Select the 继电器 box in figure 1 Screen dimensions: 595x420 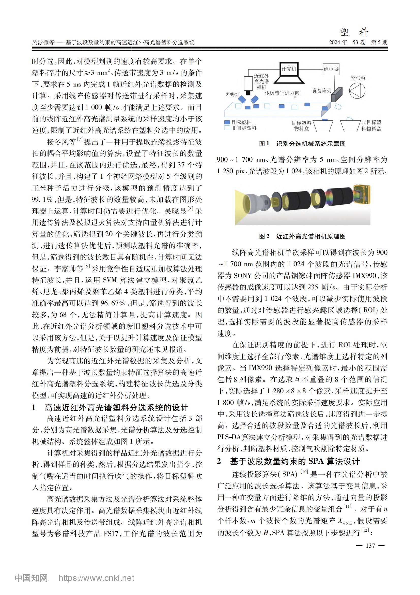tap(331, 69)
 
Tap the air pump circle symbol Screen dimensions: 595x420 tap(357, 91)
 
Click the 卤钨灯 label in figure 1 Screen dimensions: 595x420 tap(232, 94)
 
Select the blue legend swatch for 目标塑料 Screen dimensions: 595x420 tap(227, 122)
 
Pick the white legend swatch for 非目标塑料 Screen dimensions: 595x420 tap(227, 128)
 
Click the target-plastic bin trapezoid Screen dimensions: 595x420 tap(323, 126)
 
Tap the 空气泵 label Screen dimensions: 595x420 tap(358, 78)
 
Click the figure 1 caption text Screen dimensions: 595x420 tap(302, 144)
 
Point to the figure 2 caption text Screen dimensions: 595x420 tap(302, 236)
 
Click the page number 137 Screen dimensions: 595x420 tap(370, 546)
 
